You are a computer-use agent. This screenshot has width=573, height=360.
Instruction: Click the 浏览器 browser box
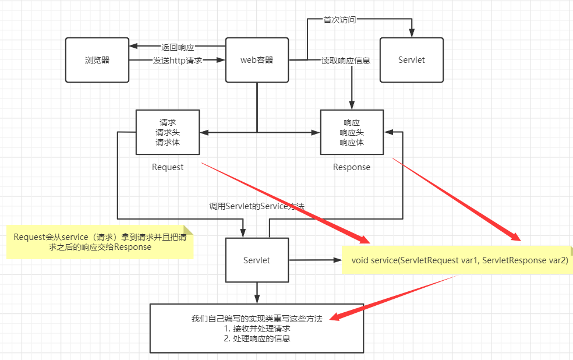click(97, 60)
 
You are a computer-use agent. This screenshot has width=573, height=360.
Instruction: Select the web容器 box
click(257, 60)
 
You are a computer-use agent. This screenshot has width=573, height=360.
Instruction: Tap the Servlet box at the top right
click(411, 60)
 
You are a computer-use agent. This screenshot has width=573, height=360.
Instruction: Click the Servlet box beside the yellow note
click(256, 260)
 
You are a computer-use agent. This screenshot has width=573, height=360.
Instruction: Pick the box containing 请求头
click(167, 132)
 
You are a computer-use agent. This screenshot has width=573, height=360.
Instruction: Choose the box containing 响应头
click(351, 132)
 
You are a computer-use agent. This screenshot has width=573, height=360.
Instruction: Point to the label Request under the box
click(168, 167)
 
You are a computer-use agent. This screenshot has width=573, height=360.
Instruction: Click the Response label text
click(351, 167)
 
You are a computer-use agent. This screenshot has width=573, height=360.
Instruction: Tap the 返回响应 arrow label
click(178, 47)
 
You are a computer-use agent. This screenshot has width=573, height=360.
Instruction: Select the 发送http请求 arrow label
click(177, 60)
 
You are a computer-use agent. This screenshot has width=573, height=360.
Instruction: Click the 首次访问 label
click(339, 19)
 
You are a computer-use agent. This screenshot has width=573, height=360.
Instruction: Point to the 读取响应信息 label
click(346, 60)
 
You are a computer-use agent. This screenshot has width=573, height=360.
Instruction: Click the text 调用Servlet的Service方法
click(257, 206)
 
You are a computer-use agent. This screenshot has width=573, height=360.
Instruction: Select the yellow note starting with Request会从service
click(100, 242)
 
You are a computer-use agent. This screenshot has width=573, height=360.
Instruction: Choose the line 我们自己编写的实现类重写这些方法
click(257, 319)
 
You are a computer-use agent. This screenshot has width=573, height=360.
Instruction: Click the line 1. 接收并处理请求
click(257, 329)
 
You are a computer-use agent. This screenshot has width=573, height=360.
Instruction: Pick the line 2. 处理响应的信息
click(257, 338)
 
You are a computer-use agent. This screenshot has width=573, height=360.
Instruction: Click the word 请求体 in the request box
click(167, 142)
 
